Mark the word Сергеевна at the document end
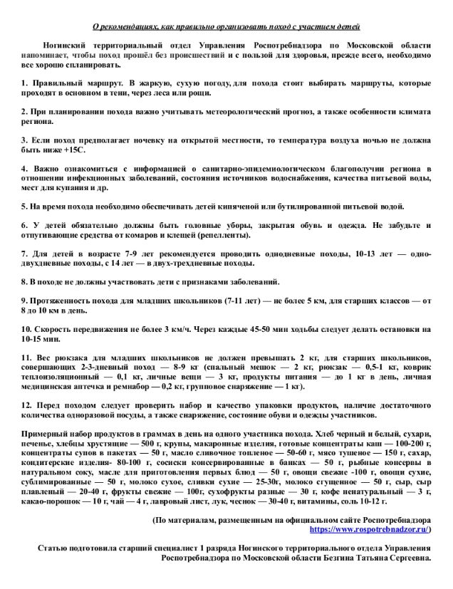pos(405,578)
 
